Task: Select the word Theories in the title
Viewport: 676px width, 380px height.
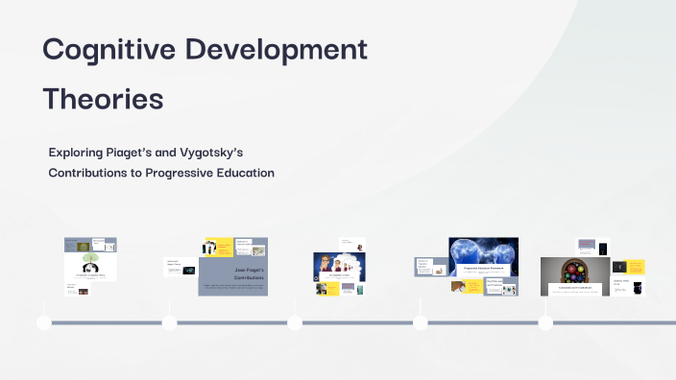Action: (x=103, y=99)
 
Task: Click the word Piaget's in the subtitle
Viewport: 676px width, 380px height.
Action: (x=145, y=153)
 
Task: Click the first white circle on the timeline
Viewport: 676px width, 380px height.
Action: (x=44, y=322)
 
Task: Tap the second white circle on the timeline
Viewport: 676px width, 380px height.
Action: (x=170, y=322)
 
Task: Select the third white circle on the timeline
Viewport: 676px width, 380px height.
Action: (x=295, y=322)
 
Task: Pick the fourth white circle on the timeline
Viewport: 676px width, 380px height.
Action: (x=421, y=322)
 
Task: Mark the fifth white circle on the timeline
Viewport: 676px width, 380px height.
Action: (x=545, y=322)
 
